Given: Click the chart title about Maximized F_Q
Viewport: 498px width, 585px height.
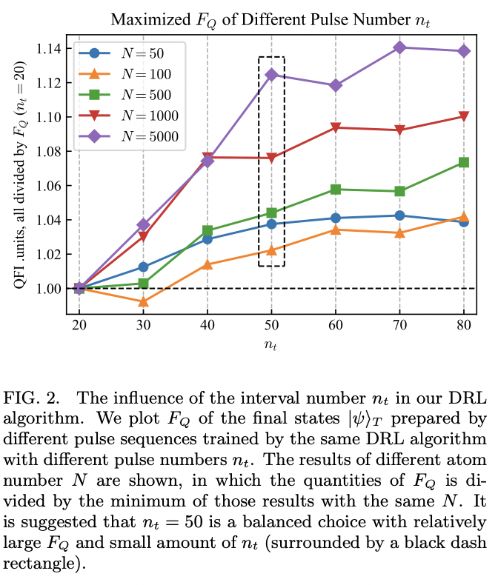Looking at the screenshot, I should coord(271,19).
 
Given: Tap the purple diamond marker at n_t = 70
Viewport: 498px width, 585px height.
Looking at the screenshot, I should coord(400,47).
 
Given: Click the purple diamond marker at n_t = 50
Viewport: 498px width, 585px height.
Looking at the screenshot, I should coord(271,75).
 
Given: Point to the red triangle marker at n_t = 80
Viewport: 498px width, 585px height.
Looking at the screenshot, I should coord(464,116).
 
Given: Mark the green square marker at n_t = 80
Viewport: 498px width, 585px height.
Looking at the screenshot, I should coord(464,162).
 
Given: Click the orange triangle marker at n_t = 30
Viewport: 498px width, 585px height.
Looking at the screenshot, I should coord(143,301).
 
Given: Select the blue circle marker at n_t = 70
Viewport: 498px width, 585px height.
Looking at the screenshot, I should coord(400,215).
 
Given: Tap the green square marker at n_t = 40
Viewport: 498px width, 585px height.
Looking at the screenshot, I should coord(207,230).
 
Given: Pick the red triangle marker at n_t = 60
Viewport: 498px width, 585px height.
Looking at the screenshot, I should coord(336,127).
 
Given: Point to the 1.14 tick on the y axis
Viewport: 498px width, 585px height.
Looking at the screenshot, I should coord(52,49).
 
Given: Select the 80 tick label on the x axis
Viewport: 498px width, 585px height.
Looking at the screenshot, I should coord(464,326).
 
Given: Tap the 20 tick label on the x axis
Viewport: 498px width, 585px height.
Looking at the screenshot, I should coord(79,326).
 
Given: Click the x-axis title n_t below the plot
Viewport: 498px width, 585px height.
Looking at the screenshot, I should coord(271,344).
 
